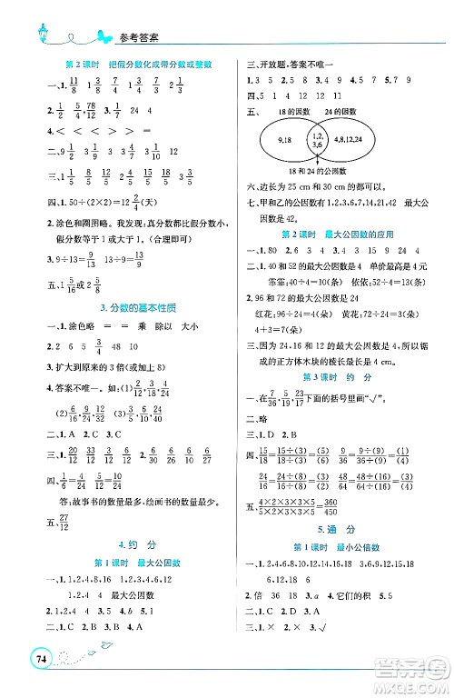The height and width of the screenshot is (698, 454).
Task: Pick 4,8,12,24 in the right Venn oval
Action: tap(356, 139)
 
